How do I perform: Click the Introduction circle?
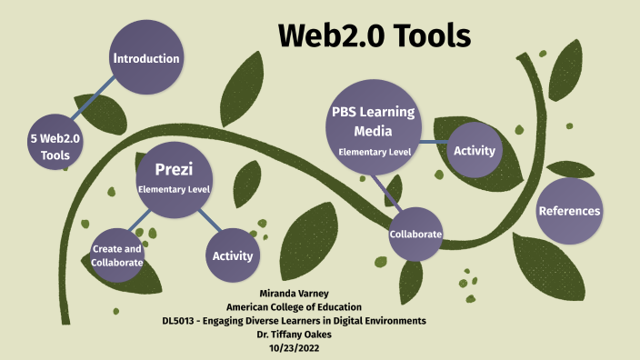[145, 59]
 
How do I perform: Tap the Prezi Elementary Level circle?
[174, 178]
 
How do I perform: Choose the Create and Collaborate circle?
[117, 255]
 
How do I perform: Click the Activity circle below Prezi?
[232, 255]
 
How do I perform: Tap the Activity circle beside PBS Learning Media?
[474, 149]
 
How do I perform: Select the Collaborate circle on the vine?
[415, 234]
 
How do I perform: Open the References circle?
[569, 211]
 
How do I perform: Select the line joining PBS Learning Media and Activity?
[434, 143]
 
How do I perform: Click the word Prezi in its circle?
[174, 170]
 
